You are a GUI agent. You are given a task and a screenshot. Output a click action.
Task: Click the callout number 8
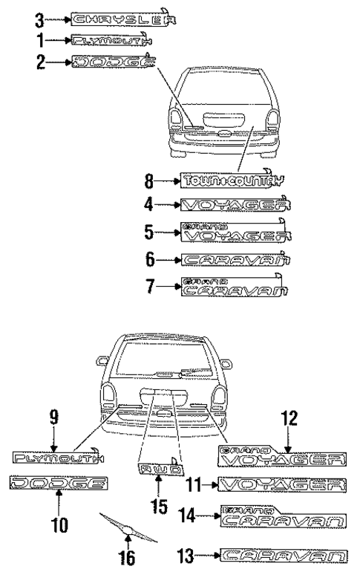[x=149, y=180]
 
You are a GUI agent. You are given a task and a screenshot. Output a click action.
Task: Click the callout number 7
[x=149, y=287]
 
